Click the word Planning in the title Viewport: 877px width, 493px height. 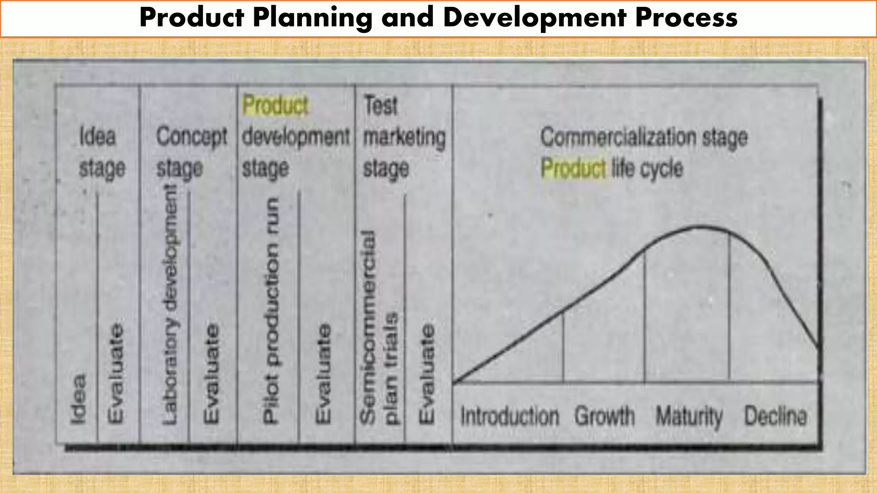coord(312,18)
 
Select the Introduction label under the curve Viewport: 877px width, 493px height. coord(510,416)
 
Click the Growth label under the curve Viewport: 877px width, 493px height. coord(604,416)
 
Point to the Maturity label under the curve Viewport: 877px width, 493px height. coord(689,416)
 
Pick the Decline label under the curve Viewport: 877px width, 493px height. coord(776,416)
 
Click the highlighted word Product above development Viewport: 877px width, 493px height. coord(275,105)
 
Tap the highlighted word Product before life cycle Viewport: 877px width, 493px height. coord(573,168)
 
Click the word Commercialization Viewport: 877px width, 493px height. coord(618,137)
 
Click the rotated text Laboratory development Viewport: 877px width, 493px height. coord(170,305)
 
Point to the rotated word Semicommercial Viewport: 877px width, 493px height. coord(368,327)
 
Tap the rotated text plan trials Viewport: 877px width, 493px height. coord(391,368)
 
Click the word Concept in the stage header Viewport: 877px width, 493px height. coord(191,137)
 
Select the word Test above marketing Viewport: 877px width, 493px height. coord(381,105)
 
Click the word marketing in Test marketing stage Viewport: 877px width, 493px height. coord(404,137)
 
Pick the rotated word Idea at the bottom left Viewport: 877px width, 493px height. coord(78,400)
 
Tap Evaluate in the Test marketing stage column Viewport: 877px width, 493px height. coord(426,373)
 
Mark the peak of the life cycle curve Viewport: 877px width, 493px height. coord(701,226)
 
